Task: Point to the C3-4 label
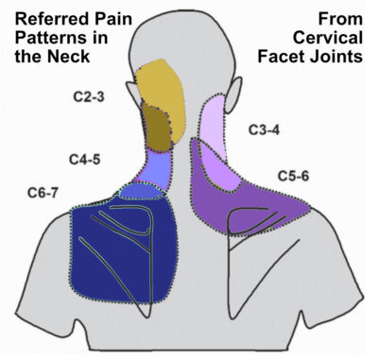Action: point(267,128)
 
